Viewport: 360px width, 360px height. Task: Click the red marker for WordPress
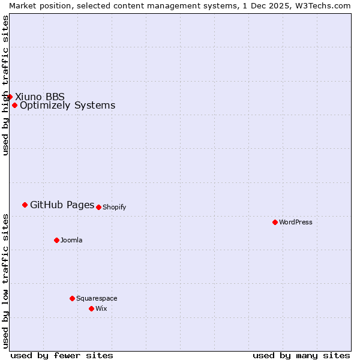[275, 222]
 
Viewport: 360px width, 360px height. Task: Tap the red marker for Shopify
[98, 207]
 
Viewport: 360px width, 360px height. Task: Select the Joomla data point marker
[56, 240]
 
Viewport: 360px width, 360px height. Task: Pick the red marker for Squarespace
[72, 298]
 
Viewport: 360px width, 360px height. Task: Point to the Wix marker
[91, 308]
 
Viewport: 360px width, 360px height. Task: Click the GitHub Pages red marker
[25, 205]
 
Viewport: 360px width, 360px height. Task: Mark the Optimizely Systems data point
[14, 106]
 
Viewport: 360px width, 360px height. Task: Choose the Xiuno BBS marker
[10, 97]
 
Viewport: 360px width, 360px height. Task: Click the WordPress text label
[296, 222]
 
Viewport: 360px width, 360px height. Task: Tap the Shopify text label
[114, 208]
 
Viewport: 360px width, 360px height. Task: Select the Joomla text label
[71, 241]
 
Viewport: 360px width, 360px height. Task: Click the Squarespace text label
[97, 299]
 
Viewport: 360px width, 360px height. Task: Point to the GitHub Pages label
[62, 205]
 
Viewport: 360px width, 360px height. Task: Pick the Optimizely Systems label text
[67, 106]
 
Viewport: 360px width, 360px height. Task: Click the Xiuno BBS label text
[40, 97]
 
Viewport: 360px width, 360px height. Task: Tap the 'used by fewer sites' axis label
[62, 356]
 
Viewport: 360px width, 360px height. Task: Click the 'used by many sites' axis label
[301, 356]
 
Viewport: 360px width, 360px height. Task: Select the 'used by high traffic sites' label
[5, 85]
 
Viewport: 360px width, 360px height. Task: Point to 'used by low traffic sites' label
[5, 281]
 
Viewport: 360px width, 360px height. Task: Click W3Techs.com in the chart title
[322, 5]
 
